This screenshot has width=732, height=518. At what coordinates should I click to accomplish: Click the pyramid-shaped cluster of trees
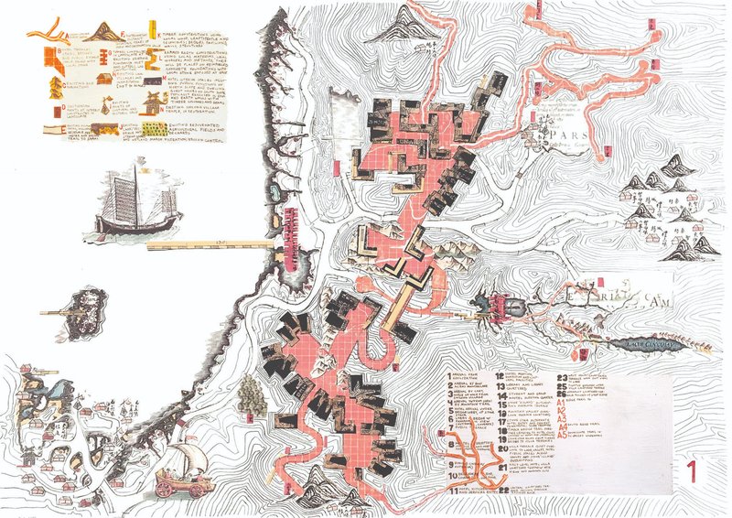click(x=249, y=394)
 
